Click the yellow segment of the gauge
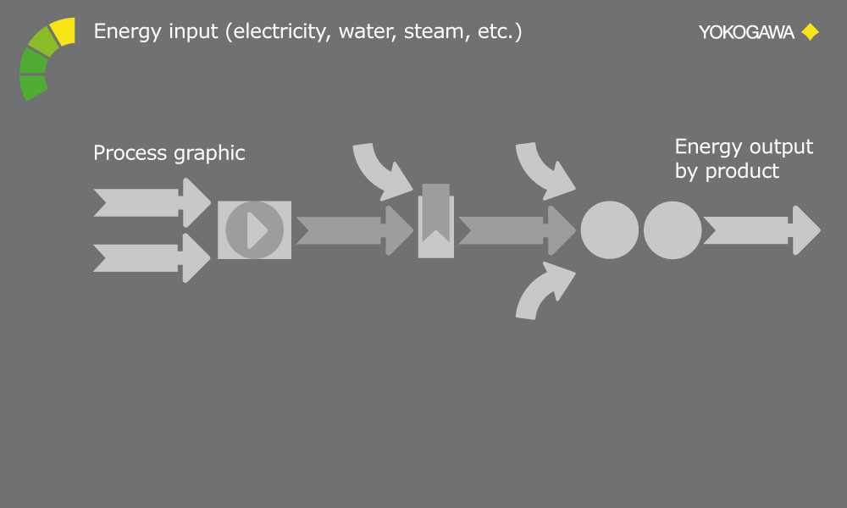point(62,31)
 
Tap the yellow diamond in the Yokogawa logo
point(810,32)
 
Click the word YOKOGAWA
point(746,32)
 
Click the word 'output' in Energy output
point(778,146)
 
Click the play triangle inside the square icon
point(256,230)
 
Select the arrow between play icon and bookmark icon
point(352,230)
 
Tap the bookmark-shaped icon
point(435,222)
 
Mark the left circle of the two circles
point(609,230)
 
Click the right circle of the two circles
point(673,230)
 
